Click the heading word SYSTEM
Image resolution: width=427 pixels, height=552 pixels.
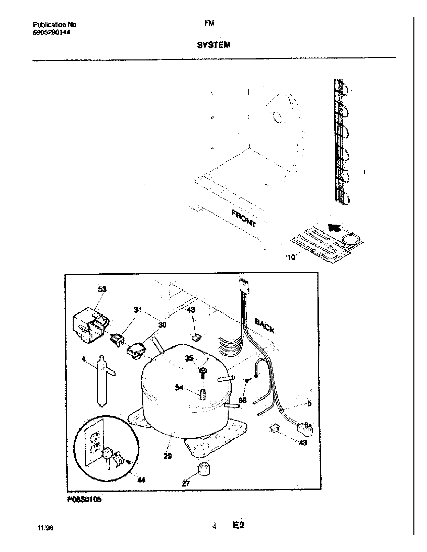coord(213,45)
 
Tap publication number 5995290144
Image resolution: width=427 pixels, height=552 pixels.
coord(51,32)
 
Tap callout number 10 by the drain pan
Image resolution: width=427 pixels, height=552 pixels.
coord(291,257)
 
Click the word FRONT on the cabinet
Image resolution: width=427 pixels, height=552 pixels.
coord(244,218)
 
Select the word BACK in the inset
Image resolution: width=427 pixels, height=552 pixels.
coord(264,326)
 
